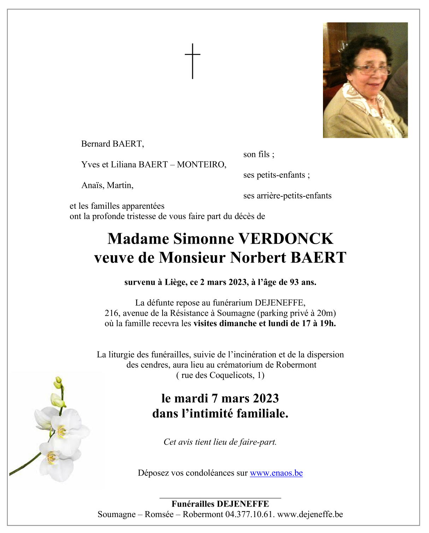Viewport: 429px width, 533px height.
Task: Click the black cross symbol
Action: coord(193,61)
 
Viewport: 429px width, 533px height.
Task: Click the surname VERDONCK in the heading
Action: coord(286,239)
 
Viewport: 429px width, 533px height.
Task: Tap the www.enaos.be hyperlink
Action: coord(276,473)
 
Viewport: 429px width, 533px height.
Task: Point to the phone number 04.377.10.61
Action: coord(250,514)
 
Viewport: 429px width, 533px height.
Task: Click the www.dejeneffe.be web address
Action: coord(310,514)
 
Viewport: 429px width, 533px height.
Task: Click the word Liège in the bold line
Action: coord(176,282)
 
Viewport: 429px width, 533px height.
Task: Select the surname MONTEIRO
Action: coord(201,165)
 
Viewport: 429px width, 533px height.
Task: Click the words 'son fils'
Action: coord(258,154)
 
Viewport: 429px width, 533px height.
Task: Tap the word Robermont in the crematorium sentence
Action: coord(296,365)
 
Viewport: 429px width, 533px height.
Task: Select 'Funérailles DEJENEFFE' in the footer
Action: coord(220,504)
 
